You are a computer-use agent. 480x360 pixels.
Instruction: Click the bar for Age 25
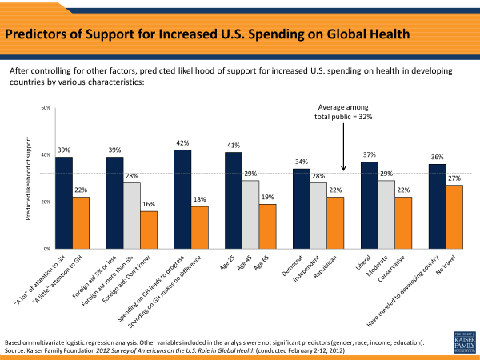click(234, 200)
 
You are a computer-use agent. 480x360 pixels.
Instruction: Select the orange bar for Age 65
click(267, 226)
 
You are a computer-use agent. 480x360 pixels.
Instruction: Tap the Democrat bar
click(302, 208)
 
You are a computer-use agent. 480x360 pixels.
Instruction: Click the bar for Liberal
click(370, 205)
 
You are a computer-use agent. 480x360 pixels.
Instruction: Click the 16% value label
click(149, 205)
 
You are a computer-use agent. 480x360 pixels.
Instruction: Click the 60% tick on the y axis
click(46, 108)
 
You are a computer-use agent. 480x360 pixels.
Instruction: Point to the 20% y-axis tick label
click(46, 202)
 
